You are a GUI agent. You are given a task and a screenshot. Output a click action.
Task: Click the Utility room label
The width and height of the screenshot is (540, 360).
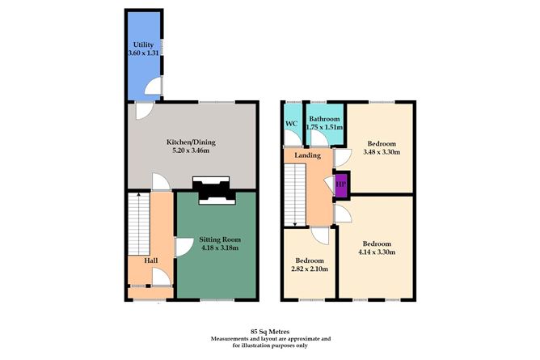pos(142,44)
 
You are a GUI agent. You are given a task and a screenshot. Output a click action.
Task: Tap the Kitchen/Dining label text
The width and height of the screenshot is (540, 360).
pos(192,142)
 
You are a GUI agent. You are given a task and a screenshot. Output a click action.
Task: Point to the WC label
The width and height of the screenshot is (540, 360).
pos(292,124)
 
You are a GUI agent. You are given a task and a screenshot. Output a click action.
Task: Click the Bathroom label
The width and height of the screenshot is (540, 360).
pos(325,119)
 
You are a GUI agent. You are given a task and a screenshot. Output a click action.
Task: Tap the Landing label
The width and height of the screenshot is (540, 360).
pos(309,155)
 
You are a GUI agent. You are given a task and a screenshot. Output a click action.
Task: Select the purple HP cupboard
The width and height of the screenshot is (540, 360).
pos(340,184)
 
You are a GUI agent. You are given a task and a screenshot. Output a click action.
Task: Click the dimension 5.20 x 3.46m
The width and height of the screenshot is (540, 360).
pos(192,151)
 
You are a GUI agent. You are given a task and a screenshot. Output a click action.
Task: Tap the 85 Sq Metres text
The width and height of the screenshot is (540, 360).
pos(270,331)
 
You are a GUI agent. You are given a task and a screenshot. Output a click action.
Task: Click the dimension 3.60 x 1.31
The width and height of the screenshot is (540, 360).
pos(142,53)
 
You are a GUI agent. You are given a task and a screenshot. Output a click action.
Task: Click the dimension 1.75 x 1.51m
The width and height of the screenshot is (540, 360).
pos(325,128)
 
